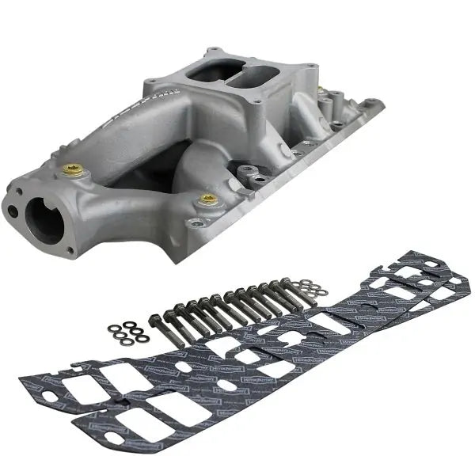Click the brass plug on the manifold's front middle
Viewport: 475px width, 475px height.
coord(208,199)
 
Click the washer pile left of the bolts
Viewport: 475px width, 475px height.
coord(127,332)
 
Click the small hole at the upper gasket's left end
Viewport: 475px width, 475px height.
coord(74,367)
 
